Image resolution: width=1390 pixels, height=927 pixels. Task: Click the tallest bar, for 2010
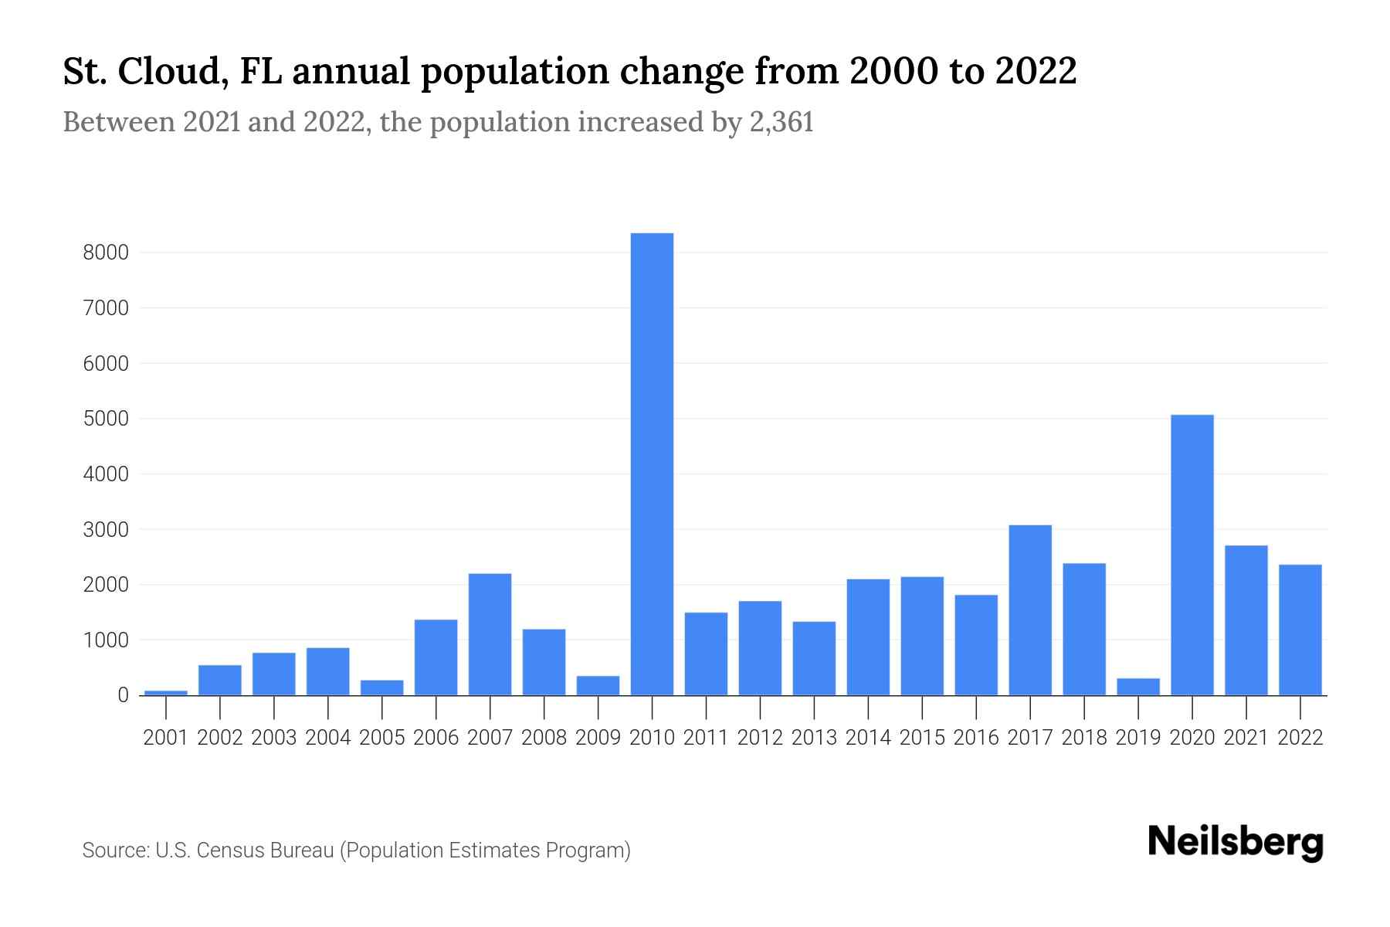652,463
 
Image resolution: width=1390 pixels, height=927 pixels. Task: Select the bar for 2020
1192,555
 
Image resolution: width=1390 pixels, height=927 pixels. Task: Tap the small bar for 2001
166,692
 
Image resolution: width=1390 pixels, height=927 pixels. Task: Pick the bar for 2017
1030,610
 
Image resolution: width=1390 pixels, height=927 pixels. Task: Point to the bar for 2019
1138,687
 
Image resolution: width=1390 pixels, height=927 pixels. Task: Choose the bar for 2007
490,634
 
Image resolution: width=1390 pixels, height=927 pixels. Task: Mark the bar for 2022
1300,630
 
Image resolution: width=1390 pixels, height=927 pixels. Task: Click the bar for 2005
381,688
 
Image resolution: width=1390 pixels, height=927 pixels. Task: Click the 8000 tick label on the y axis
106,253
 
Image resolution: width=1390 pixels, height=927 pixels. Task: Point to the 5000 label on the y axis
106,419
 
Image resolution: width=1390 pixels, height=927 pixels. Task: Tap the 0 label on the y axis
123,695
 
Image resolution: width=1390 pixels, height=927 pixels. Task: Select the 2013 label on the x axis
814,738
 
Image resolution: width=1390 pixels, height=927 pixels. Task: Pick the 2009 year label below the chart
598,738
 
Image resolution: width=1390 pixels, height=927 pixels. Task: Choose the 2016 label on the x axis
976,738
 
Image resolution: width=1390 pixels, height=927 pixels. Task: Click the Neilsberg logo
1236,842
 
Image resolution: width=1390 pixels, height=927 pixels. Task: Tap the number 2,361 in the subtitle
781,123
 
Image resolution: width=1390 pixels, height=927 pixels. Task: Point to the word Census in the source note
231,851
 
